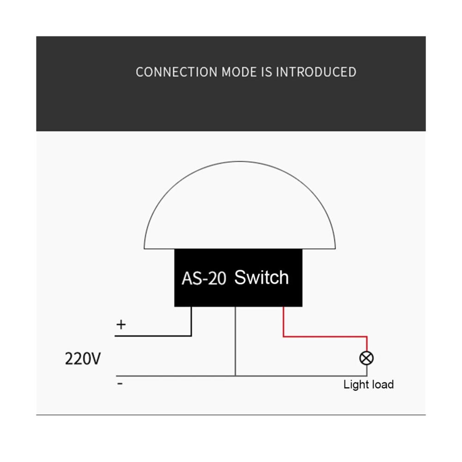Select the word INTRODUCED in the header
click(316, 72)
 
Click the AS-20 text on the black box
click(203, 279)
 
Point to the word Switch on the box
click(261, 277)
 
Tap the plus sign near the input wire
click(121, 324)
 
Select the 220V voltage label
click(83, 359)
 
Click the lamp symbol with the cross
click(366, 358)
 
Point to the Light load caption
click(368, 384)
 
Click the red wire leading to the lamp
click(323, 336)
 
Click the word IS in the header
click(267, 72)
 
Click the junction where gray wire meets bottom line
click(236, 376)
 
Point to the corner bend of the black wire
click(191, 336)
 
